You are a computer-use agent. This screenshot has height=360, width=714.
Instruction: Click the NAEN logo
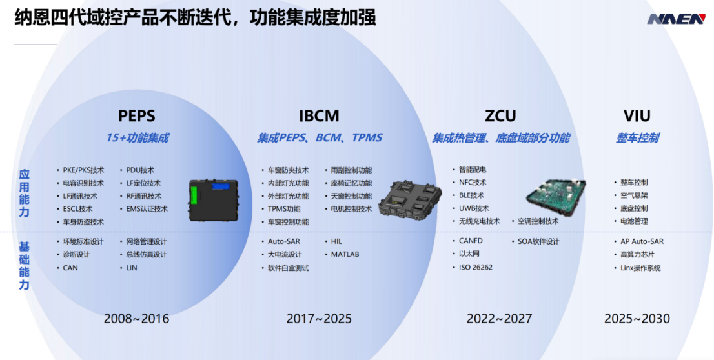click(x=676, y=19)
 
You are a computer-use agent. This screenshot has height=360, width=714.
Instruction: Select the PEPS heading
click(x=137, y=115)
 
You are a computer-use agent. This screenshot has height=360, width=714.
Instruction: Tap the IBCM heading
click(x=319, y=115)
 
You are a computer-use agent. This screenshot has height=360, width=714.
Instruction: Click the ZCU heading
click(x=500, y=115)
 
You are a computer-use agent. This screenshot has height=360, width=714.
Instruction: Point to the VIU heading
click(x=637, y=115)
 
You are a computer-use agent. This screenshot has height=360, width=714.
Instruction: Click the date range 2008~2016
click(x=137, y=318)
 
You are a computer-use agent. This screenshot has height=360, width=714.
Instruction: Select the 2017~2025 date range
click(x=319, y=318)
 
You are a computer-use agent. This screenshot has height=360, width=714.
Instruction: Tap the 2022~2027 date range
click(x=499, y=318)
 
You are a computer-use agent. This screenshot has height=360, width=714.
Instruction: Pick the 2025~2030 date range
click(x=637, y=318)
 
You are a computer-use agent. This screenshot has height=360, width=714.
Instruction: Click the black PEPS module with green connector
click(x=214, y=200)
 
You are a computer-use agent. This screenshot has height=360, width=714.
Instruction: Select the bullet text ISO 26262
click(x=475, y=267)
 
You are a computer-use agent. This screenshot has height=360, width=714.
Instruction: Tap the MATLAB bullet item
click(x=345, y=254)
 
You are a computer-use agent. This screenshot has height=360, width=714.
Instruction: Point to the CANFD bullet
click(x=471, y=241)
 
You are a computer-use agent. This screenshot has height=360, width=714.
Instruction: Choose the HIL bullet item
click(x=336, y=241)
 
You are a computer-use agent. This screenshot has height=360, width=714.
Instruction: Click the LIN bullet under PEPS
click(x=132, y=268)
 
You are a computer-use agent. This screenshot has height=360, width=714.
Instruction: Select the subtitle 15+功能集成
click(x=137, y=137)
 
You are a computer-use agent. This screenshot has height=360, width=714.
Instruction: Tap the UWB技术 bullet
click(x=474, y=208)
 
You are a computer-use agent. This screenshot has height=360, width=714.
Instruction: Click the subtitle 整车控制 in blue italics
click(x=638, y=137)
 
